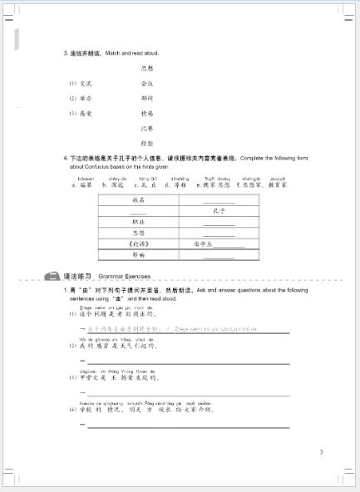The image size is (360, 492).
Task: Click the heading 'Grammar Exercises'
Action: point(121,275)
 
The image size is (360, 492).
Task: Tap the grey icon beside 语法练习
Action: point(52,275)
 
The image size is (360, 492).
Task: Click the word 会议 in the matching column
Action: point(147,83)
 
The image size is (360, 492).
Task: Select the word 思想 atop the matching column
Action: point(147,68)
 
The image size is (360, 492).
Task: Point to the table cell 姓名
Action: point(138,200)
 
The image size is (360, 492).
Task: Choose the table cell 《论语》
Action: point(138,244)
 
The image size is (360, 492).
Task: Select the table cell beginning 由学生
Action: point(218,244)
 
